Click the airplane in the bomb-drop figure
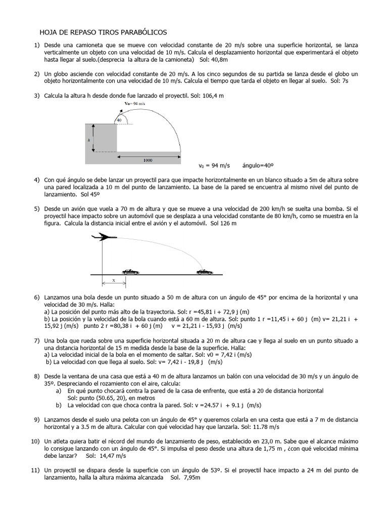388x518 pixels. pos(104,236)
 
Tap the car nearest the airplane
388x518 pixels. pos(130,272)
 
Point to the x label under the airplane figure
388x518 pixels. pos(113,280)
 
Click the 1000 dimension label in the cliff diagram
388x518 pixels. pos(148,160)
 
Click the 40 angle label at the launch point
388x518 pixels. pos(119,119)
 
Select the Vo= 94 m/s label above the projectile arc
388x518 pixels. pos(134,104)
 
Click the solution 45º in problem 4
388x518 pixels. pos(91,194)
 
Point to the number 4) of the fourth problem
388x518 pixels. pos(37,180)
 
